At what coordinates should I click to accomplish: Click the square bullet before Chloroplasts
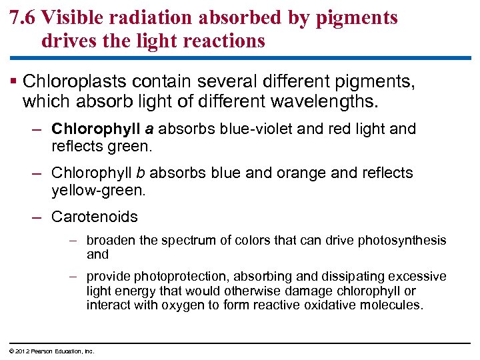click(14, 83)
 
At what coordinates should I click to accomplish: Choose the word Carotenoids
click(94, 217)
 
